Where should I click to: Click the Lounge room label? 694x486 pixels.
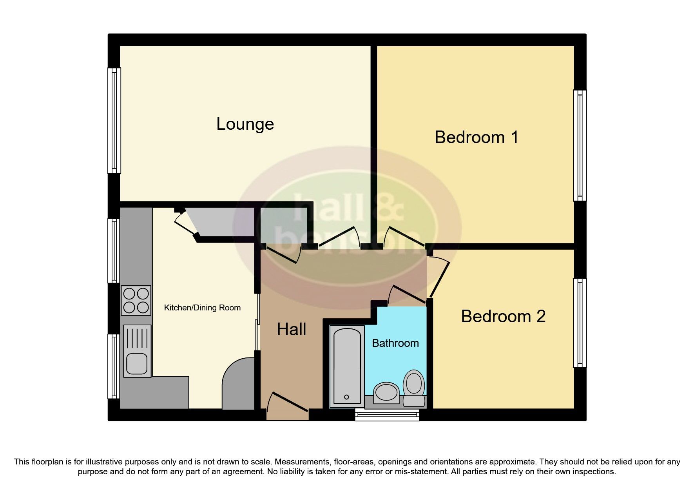point(245,124)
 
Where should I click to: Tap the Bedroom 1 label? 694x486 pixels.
point(476,137)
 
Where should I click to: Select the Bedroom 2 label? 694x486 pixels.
point(503,316)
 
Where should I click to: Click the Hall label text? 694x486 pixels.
point(291,329)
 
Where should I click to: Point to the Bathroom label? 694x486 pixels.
point(395,343)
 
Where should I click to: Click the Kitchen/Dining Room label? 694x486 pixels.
point(202,308)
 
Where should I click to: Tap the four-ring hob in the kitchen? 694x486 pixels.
point(136,300)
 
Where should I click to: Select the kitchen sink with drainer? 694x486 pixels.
point(137,351)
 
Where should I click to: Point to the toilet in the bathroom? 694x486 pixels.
point(414,386)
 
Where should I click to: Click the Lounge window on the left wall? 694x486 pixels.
point(114,120)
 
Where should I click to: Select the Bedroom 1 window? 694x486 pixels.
point(580,145)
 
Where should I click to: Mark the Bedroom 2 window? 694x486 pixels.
point(580,323)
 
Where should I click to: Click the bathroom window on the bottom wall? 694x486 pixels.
point(387,415)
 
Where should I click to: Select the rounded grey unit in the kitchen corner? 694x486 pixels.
point(238,384)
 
